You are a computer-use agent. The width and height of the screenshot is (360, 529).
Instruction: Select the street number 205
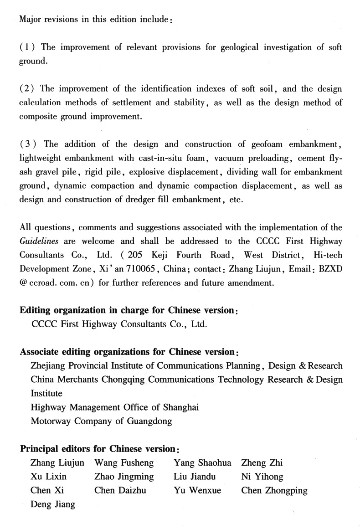(x=138, y=255)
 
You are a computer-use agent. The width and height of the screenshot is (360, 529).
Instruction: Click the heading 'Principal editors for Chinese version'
(x=98, y=449)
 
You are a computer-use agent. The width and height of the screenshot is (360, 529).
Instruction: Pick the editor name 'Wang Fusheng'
(x=123, y=463)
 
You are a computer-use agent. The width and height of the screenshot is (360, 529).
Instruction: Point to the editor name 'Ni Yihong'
(x=262, y=477)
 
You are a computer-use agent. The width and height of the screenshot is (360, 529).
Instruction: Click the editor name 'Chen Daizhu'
(x=120, y=491)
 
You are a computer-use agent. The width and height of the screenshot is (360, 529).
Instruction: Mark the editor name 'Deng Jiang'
(x=52, y=504)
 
